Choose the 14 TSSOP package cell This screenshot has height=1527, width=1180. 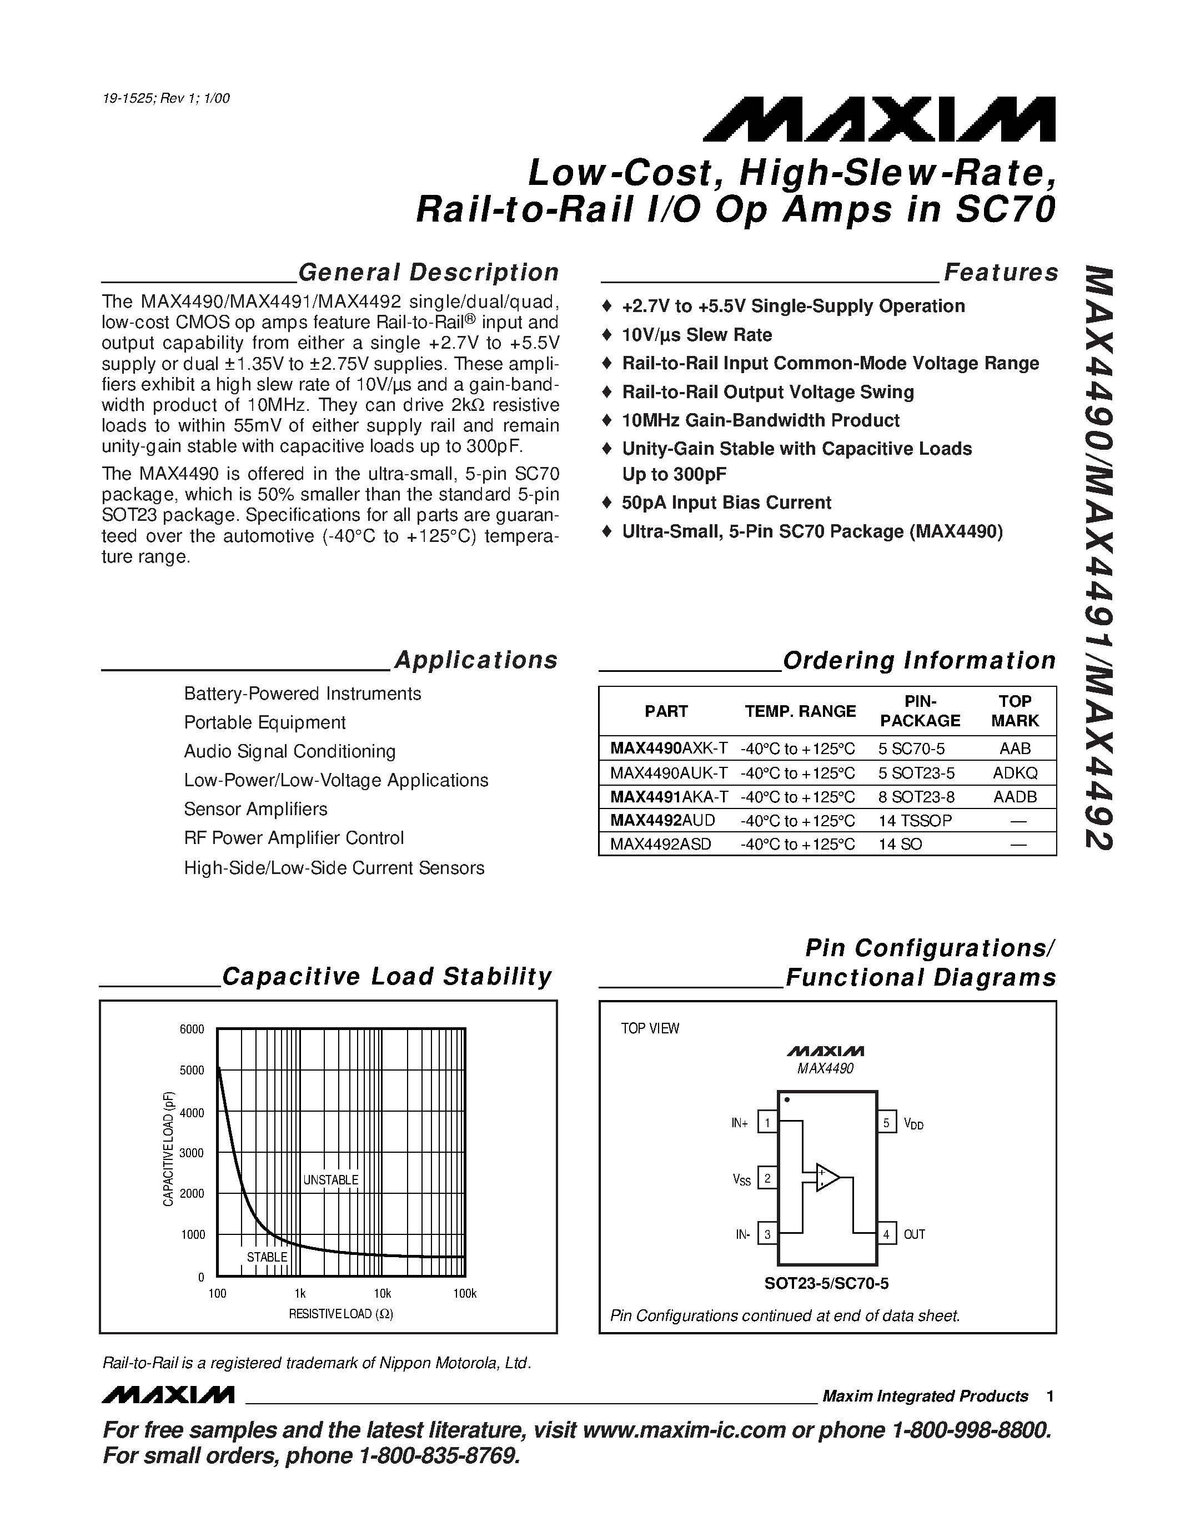915,820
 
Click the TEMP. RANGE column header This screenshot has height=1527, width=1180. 800,711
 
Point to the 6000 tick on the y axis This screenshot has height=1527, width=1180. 192,1029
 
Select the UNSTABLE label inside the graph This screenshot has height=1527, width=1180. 330,1180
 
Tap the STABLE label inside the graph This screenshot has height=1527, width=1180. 267,1257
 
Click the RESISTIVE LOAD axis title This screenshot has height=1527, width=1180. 340,1314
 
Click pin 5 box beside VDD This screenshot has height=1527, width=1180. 886,1123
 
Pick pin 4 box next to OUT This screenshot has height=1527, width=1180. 886,1234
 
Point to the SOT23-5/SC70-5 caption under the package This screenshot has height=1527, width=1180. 826,1284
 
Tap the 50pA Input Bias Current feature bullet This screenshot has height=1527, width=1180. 726,503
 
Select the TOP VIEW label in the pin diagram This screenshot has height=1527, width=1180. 650,1028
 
